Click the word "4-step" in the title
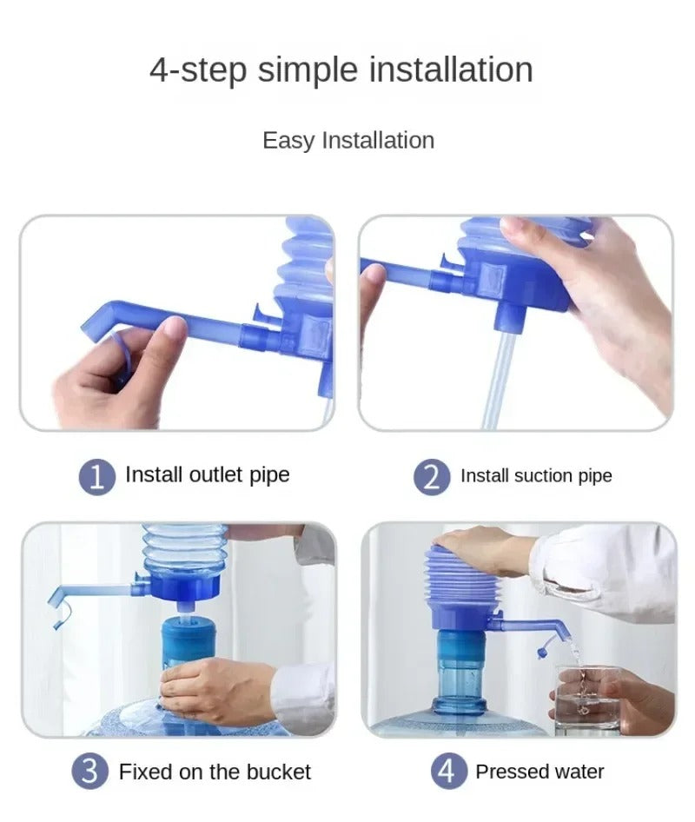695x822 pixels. click(x=198, y=70)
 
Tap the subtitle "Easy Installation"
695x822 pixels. click(x=347, y=140)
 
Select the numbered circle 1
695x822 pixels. click(x=97, y=476)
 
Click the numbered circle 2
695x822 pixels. click(x=432, y=476)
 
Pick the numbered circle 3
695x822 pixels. click(x=90, y=772)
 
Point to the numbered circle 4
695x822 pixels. click(x=447, y=772)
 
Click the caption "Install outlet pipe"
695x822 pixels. click(x=207, y=474)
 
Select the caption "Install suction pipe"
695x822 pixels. click(x=536, y=475)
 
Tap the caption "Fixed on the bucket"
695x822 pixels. click(x=215, y=772)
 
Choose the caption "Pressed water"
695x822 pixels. click(x=539, y=772)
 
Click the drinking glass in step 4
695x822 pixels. click(x=586, y=699)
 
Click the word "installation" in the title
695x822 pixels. click(x=451, y=70)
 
